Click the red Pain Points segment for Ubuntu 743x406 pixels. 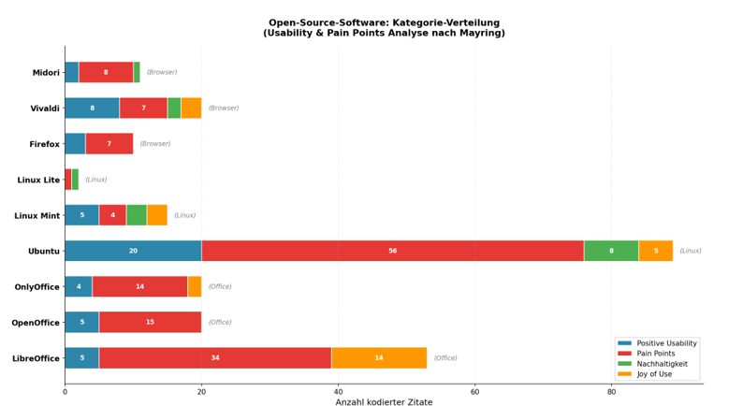coord(392,251)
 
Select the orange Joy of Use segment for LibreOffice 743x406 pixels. coord(379,357)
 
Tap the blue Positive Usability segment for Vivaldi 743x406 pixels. coord(92,109)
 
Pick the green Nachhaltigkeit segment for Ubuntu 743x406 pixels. coord(611,251)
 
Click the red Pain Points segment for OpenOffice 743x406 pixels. coord(150,322)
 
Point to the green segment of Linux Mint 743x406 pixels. coord(137,215)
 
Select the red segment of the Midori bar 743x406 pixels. coord(106,72)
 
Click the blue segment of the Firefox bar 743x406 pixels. coord(75,144)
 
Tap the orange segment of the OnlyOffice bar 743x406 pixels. coord(195,286)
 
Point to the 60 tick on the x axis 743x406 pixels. coord(474,392)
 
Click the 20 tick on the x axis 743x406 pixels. coord(201,392)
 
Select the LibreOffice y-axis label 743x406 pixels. coord(36,358)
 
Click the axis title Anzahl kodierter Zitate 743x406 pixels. coord(384,401)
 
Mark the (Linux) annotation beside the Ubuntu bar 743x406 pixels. coord(690,251)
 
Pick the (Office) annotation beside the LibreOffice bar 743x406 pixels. coord(445,357)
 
